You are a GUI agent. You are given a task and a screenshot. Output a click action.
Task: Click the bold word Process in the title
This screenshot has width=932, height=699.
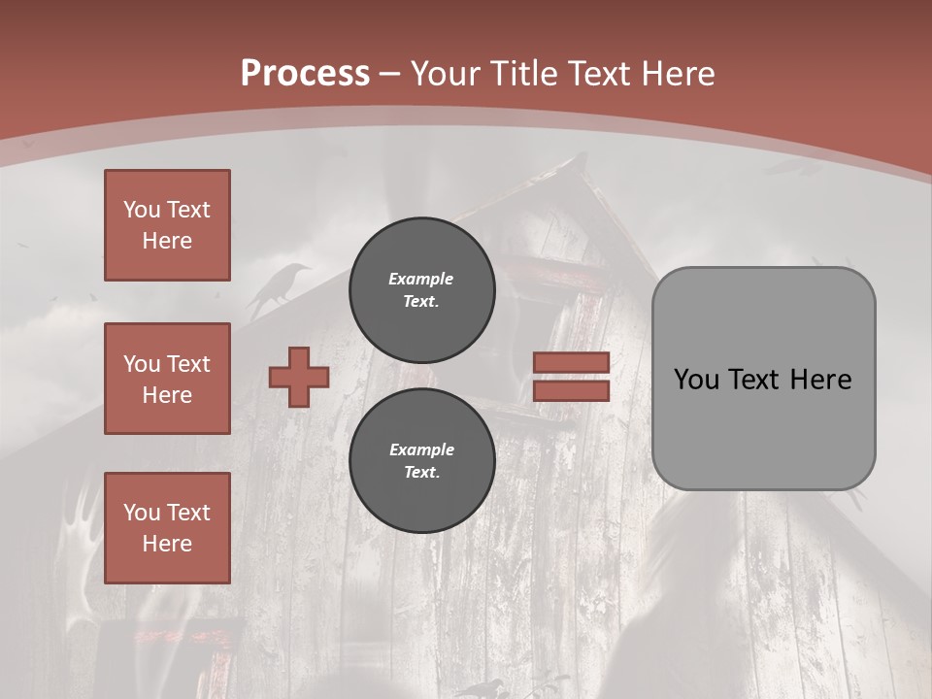(305, 74)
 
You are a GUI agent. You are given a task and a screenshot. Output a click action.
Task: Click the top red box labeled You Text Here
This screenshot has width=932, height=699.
(167, 225)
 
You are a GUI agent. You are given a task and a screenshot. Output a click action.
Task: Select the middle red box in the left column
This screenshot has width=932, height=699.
(167, 379)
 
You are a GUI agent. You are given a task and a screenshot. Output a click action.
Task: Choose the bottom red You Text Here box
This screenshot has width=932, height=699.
(167, 528)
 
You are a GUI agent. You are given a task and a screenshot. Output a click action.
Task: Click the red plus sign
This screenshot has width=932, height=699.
(299, 377)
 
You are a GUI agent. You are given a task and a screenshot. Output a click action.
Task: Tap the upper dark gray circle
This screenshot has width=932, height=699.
(421, 289)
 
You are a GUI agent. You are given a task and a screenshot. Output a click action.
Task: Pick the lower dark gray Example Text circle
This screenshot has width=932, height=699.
(421, 460)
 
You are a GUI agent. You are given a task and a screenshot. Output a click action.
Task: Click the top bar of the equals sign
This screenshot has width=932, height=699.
(571, 363)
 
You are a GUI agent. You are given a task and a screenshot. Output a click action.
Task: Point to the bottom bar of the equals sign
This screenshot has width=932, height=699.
(571, 391)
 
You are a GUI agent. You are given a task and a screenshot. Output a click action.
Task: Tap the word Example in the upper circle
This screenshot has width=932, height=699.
(420, 279)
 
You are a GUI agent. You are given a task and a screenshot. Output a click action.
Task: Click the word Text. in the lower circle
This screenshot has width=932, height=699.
(421, 473)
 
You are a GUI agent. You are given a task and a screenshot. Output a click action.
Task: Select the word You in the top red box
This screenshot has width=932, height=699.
(142, 210)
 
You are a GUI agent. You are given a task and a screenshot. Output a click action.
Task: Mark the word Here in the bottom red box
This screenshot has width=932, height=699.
(167, 544)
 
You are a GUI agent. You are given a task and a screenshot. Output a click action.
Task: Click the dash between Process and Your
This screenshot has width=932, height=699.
(390, 74)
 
